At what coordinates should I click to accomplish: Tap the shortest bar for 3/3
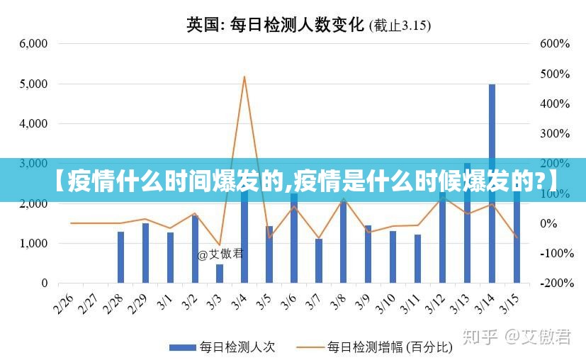pos(220,274)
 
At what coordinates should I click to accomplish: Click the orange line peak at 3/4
pos(244,77)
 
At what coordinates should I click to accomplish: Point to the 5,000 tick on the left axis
pos(33,84)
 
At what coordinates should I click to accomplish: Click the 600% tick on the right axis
pos(555,43)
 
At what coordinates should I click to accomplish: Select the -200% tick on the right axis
pos(555,283)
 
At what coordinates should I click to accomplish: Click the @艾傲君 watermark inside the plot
pos(220,254)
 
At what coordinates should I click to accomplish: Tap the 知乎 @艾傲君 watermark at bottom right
pos(517,337)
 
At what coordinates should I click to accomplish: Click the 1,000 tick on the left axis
pos(33,243)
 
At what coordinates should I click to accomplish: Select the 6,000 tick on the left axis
pos(33,43)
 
